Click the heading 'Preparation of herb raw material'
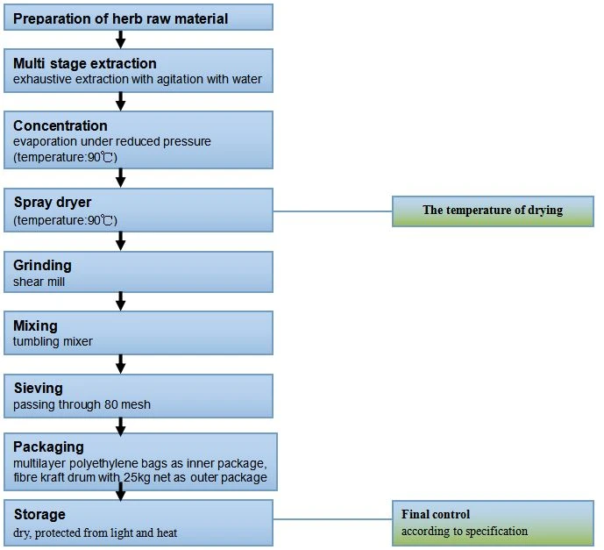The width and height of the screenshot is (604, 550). click(x=121, y=18)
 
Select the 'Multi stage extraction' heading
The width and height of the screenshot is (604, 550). click(x=85, y=63)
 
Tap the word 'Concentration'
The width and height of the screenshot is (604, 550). click(x=60, y=125)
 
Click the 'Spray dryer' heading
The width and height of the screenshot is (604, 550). click(x=53, y=202)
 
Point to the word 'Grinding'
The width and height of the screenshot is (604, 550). click(x=42, y=266)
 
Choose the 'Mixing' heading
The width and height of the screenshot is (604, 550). click(x=35, y=325)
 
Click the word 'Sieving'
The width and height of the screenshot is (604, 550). click(x=39, y=388)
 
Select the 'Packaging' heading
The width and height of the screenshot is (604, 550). click(x=48, y=446)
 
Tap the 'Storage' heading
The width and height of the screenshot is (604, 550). click(x=39, y=515)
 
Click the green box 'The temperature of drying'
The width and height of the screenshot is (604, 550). click(x=493, y=211)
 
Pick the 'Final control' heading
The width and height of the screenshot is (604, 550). click(x=436, y=514)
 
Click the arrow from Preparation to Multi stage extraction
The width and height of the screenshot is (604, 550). click(x=121, y=39)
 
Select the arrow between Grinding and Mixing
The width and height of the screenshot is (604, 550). click(x=121, y=302)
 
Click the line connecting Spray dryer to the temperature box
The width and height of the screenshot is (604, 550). click(x=332, y=211)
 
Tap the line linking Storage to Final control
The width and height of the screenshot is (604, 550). click(x=332, y=519)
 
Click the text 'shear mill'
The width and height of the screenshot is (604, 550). click(x=39, y=282)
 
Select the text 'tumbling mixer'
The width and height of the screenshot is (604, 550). click(x=53, y=341)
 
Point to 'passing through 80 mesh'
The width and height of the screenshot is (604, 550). click(x=82, y=404)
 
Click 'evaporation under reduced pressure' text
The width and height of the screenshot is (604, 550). click(x=112, y=141)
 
